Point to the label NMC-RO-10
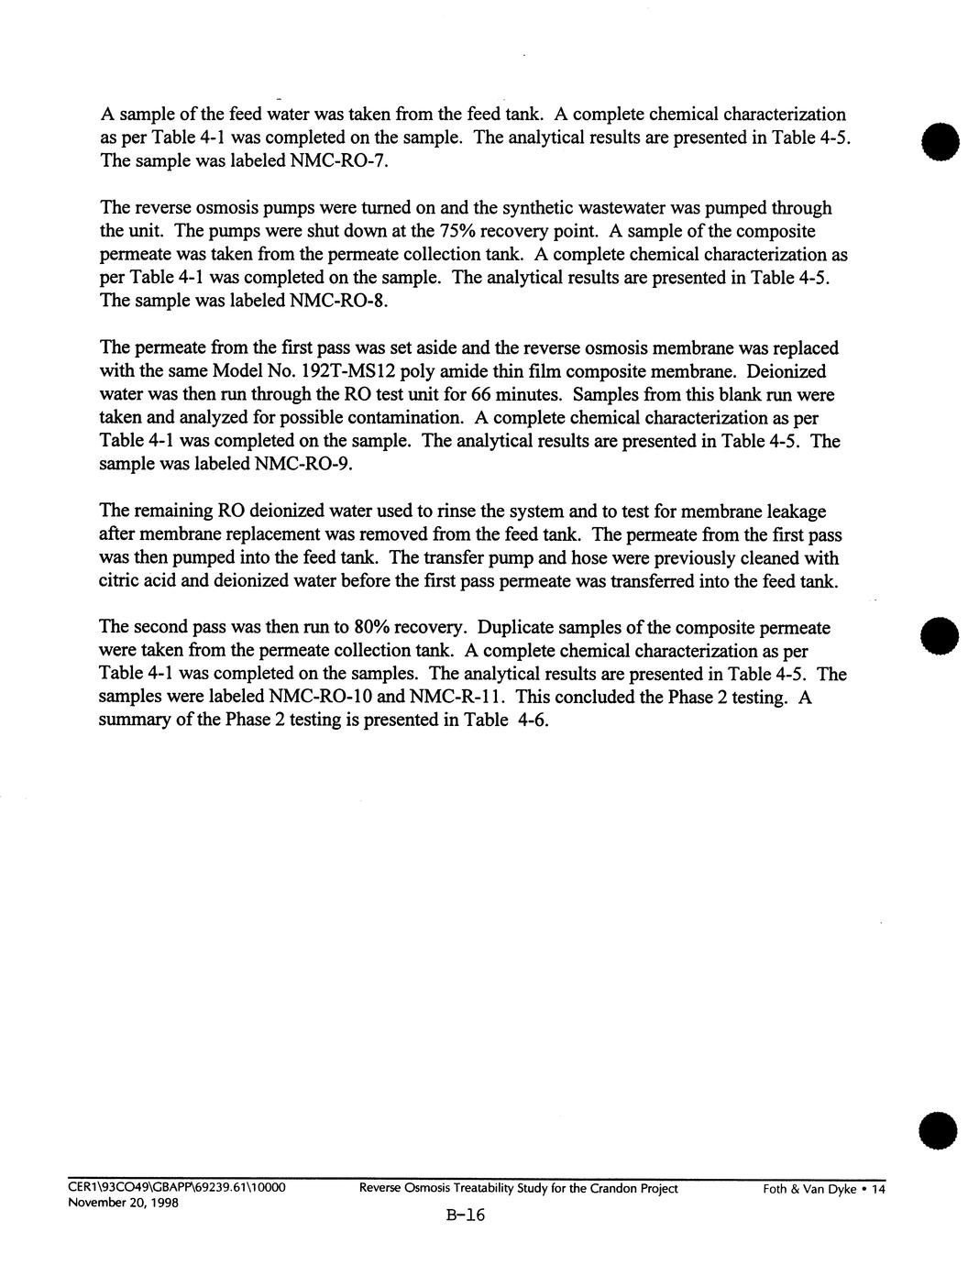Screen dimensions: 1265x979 tap(322, 697)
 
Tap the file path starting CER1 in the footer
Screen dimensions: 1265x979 tap(176, 1189)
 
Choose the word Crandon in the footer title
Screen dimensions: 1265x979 tap(612, 1189)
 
